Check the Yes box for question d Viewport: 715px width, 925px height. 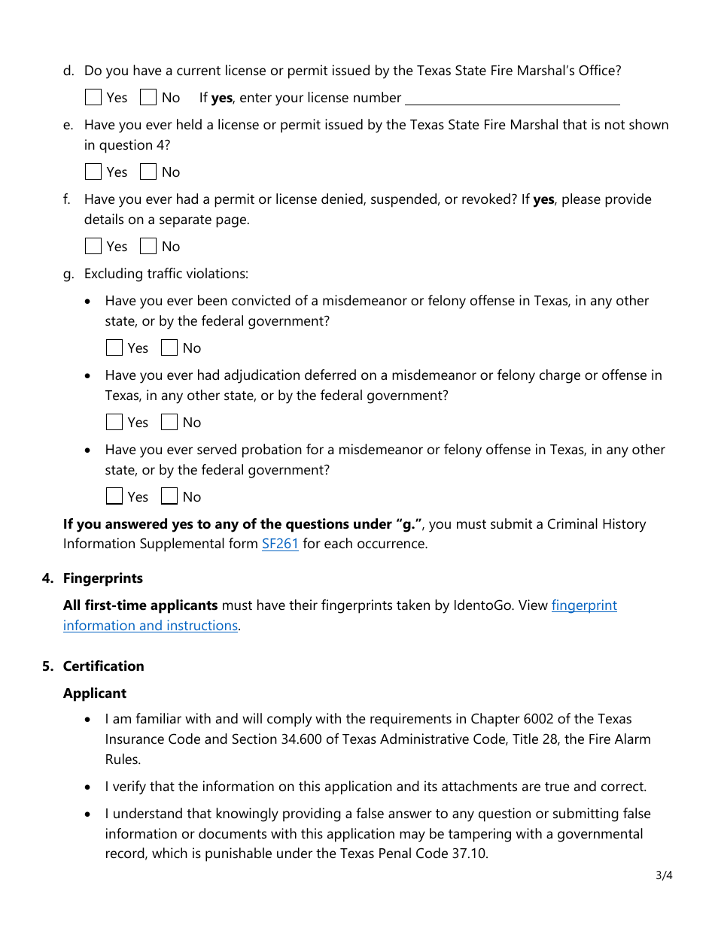93,98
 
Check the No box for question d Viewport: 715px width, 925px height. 148,98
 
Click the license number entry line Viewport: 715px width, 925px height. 512,99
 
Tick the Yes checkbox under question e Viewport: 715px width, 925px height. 93,172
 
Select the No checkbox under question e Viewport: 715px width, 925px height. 148,172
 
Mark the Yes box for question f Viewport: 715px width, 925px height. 93,247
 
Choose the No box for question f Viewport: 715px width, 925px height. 148,247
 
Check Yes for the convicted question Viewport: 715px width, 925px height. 114,348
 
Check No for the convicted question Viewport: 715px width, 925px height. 169,348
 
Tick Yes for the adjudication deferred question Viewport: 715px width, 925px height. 114,423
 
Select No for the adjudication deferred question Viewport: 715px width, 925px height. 169,423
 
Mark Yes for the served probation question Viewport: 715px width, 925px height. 114,497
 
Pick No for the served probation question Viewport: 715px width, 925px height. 169,497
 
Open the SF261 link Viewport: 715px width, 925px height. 280,544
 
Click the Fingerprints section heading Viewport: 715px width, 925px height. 102,578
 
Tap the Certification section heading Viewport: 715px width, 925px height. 103,666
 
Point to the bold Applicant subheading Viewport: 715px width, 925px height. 95,693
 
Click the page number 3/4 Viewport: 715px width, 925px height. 663,875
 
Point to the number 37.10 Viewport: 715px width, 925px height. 470,854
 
